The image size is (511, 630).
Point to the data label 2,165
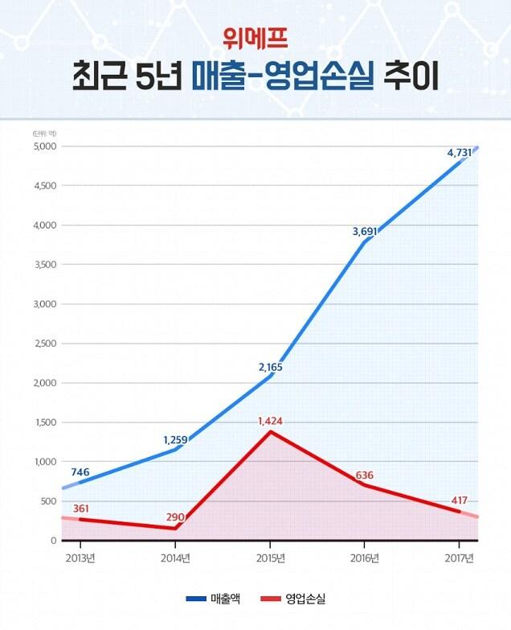270,367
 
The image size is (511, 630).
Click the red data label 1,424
271,421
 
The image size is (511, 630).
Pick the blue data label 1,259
175,439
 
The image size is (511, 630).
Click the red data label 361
80,509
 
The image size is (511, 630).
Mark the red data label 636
364,475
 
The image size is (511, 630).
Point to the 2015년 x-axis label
271,558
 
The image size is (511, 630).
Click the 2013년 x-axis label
80,558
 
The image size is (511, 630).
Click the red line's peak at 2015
271,432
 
